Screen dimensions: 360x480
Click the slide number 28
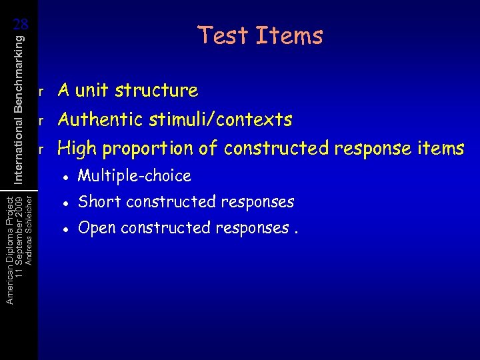21,24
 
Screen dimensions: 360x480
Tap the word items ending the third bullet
441,148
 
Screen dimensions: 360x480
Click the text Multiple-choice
134,177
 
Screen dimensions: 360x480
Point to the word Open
97,228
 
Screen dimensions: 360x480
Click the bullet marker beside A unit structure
41,91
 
